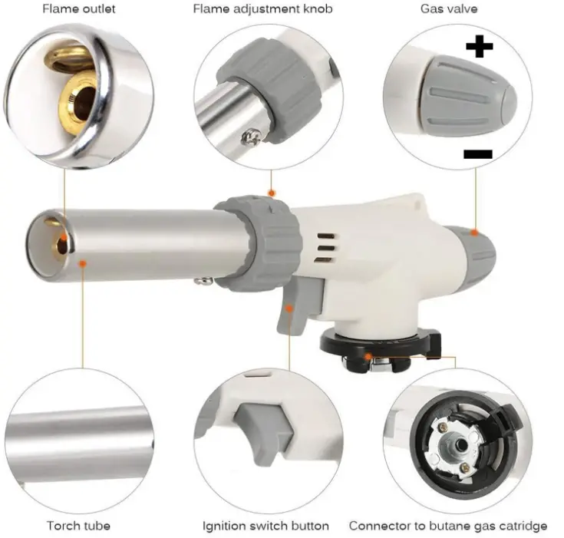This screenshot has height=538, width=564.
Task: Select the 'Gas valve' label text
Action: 448,10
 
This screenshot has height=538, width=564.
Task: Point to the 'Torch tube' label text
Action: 78,526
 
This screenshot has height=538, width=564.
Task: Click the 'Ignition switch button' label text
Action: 266,526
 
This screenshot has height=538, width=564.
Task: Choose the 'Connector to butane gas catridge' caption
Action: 448,526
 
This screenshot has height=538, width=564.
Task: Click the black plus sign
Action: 479,47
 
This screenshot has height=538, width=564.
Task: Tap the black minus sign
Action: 478,154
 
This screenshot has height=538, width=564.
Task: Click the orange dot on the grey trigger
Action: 290,308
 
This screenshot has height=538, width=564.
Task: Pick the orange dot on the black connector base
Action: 369,355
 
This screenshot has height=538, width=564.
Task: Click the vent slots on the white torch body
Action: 325,239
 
